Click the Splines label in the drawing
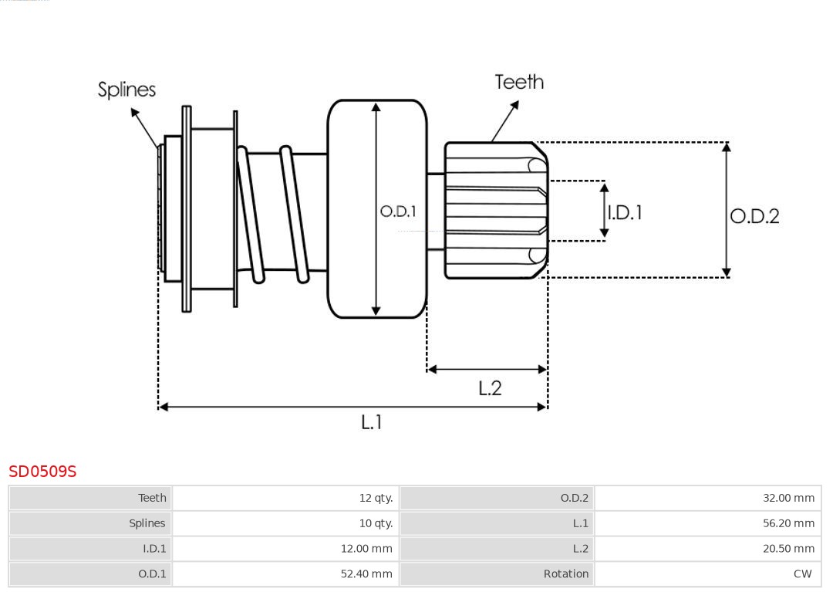pyautogui.click(x=126, y=90)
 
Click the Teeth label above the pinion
pyautogui.click(x=519, y=82)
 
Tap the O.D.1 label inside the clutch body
pyautogui.click(x=398, y=211)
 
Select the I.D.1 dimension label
pyautogui.click(x=625, y=212)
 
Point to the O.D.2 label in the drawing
pyautogui.click(x=754, y=216)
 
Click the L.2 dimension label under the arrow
pyautogui.click(x=490, y=388)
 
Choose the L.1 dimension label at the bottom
pyautogui.click(x=372, y=422)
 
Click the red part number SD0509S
pyautogui.click(x=42, y=472)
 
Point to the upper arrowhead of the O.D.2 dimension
pyautogui.click(x=726, y=147)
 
